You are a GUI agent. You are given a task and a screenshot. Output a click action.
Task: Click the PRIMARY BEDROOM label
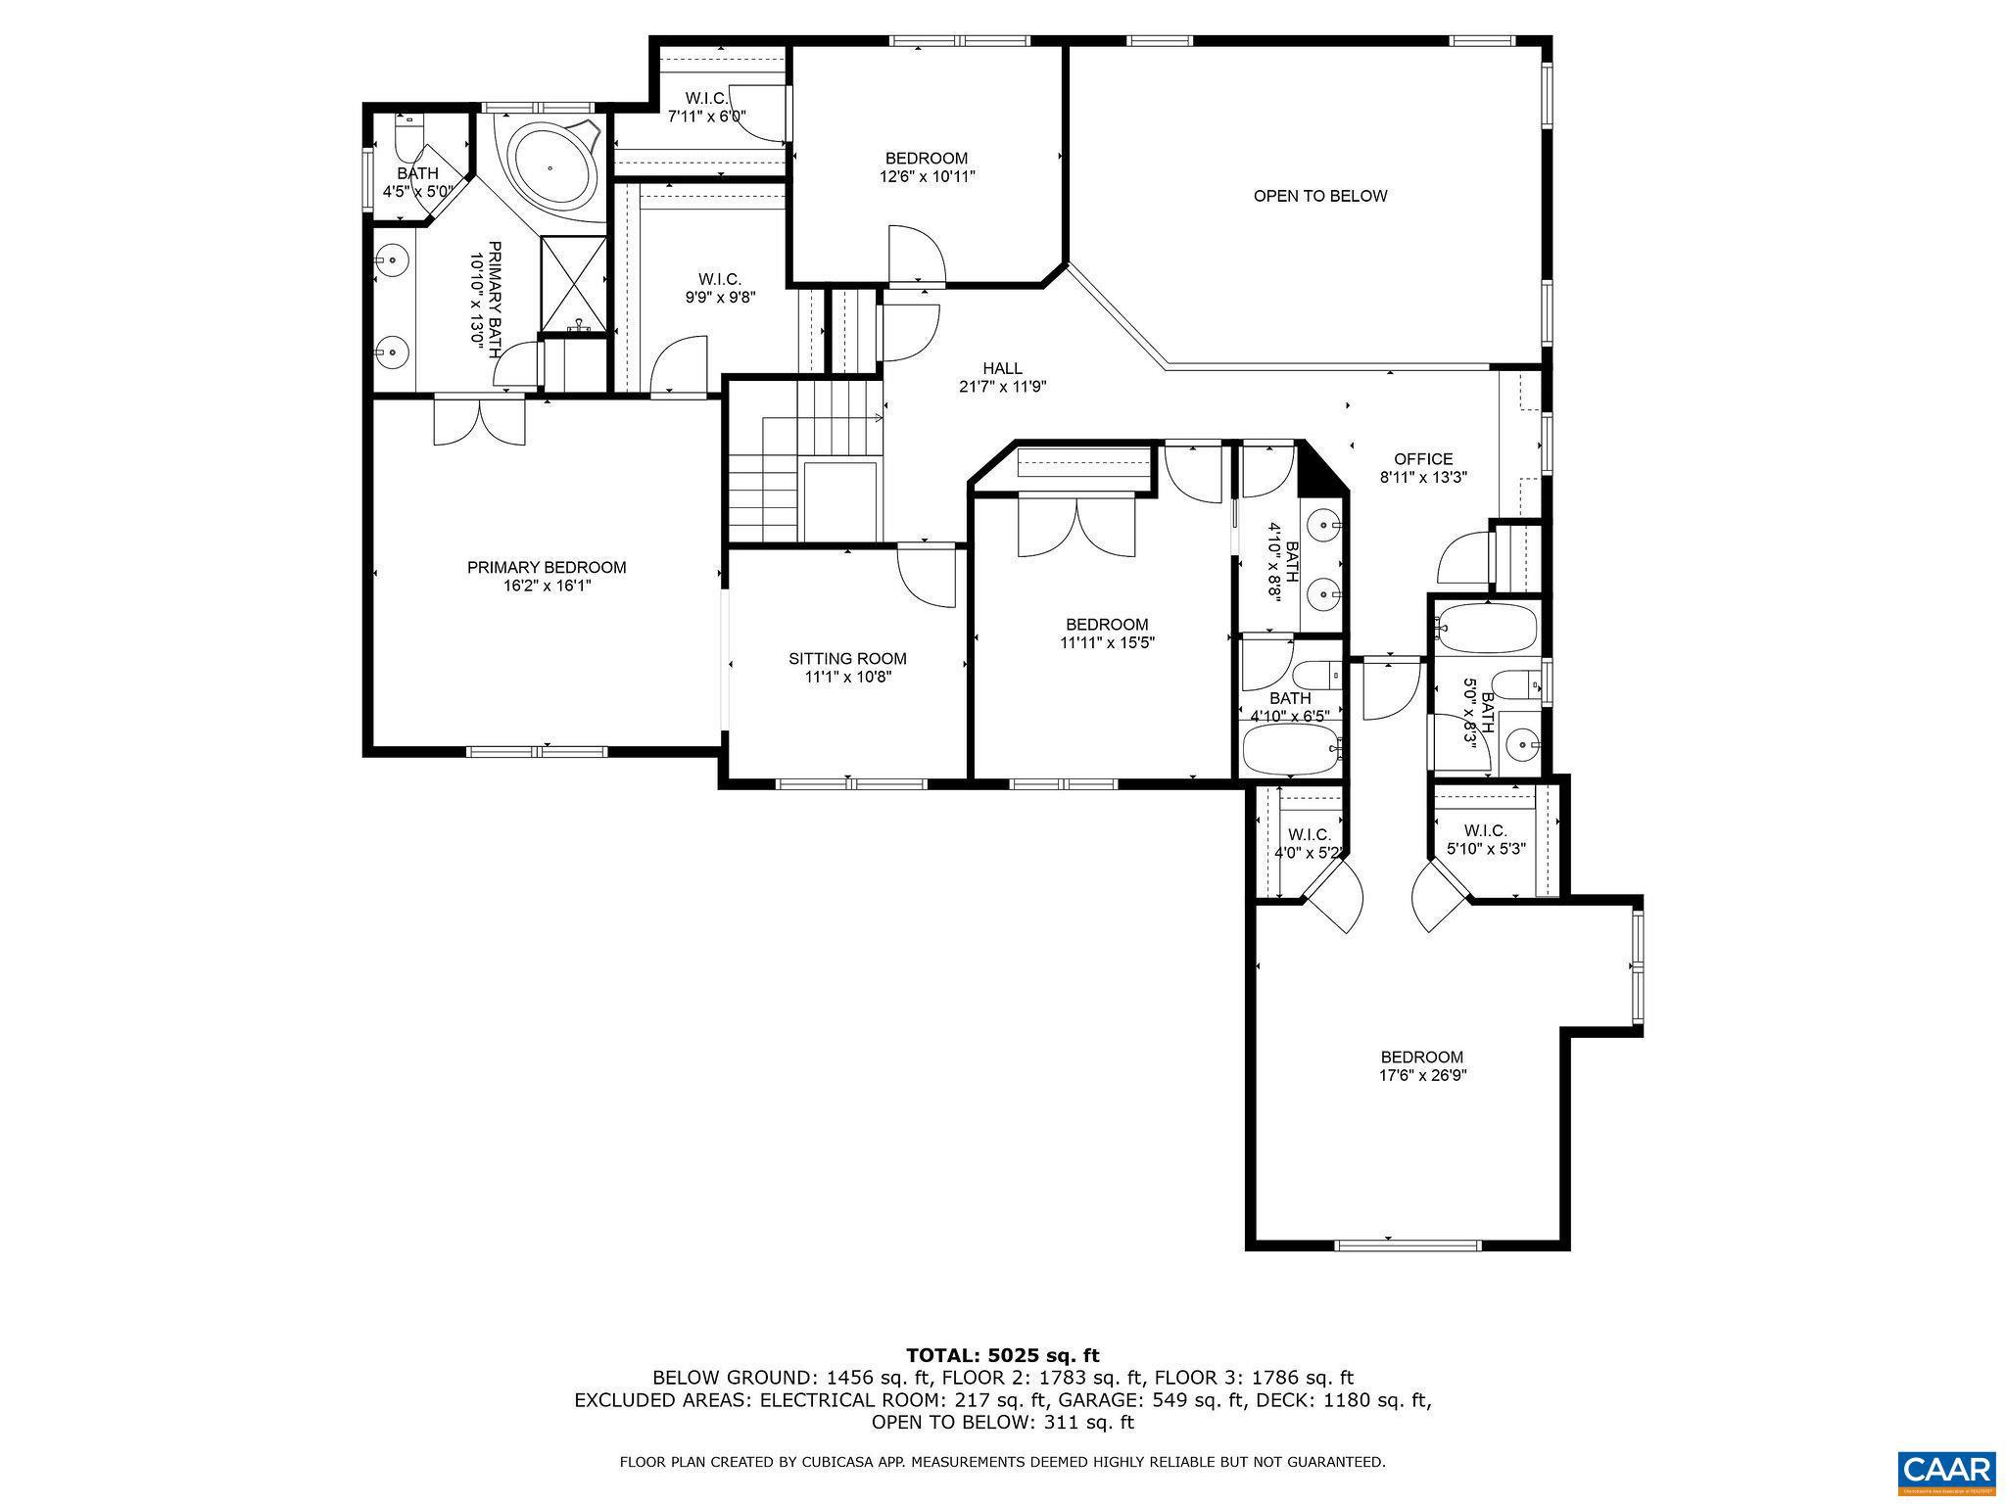(x=546, y=567)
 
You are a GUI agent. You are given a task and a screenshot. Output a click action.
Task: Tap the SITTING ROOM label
(x=847, y=659)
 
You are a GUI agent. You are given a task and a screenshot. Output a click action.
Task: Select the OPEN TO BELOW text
(x=1319, y=196)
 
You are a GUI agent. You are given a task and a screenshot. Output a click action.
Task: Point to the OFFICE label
(x=1422, y=459)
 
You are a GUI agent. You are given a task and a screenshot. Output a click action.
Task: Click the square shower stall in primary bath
(x=573, y=281)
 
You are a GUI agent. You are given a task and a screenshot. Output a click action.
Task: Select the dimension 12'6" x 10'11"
(x=927, y=177)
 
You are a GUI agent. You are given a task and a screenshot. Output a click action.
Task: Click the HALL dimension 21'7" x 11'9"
(x=1002, y=387)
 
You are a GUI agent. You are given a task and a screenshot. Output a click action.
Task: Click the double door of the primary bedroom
(x=479, y=421)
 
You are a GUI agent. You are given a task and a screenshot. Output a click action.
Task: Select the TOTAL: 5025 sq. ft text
(x=1002, y=1355)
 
